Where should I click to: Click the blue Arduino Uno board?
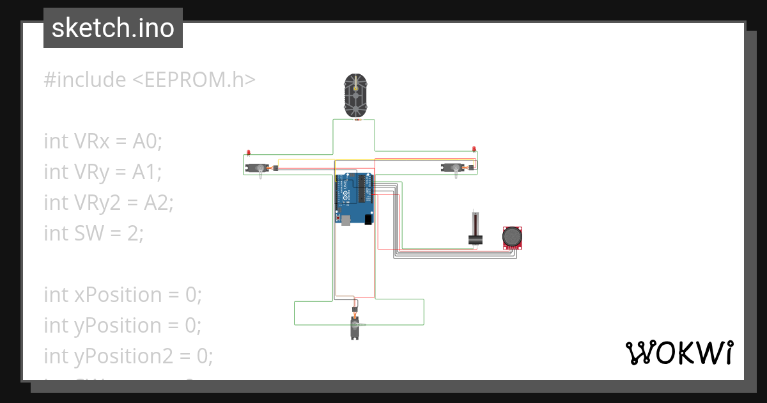[355, 198]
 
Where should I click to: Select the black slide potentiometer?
[474, 230]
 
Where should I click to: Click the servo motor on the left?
[261, 169]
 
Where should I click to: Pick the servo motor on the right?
[455, 168]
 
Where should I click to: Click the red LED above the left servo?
[248, 153]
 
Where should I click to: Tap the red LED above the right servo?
[474, 149]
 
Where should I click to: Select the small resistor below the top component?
[357, 120]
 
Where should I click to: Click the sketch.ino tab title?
[113, 28]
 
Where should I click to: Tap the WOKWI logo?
[678, 352]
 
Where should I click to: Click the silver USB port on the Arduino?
[346, 220]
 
